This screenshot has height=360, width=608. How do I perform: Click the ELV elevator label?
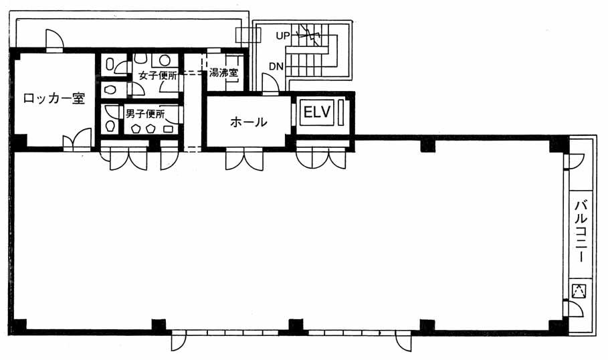[317, 112]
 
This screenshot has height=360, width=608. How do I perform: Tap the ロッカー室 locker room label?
[54, 98]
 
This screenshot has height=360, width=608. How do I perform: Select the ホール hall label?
[248, 122]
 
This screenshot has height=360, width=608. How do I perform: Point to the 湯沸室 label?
[223, 73]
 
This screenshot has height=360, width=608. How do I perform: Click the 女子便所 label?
[158, 75]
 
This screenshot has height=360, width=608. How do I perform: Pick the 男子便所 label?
[145, 114]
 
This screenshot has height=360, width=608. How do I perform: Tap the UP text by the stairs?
[283, 35]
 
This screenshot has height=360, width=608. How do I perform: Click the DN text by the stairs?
[276, 67]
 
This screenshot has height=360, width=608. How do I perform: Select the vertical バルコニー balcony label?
[580, 232]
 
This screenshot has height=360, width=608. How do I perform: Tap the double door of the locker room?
[78, 141]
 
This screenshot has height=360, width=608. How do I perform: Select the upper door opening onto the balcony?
[574, 161]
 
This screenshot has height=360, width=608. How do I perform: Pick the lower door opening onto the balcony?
[573, 308]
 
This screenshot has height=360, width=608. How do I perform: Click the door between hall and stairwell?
[270, 84]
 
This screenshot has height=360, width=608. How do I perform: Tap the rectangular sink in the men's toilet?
[169, 128]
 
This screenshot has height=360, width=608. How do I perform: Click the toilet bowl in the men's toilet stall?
[110, 126]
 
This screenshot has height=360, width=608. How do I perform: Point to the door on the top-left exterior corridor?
[54, 40]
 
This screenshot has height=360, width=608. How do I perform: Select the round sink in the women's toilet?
[165, 60]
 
